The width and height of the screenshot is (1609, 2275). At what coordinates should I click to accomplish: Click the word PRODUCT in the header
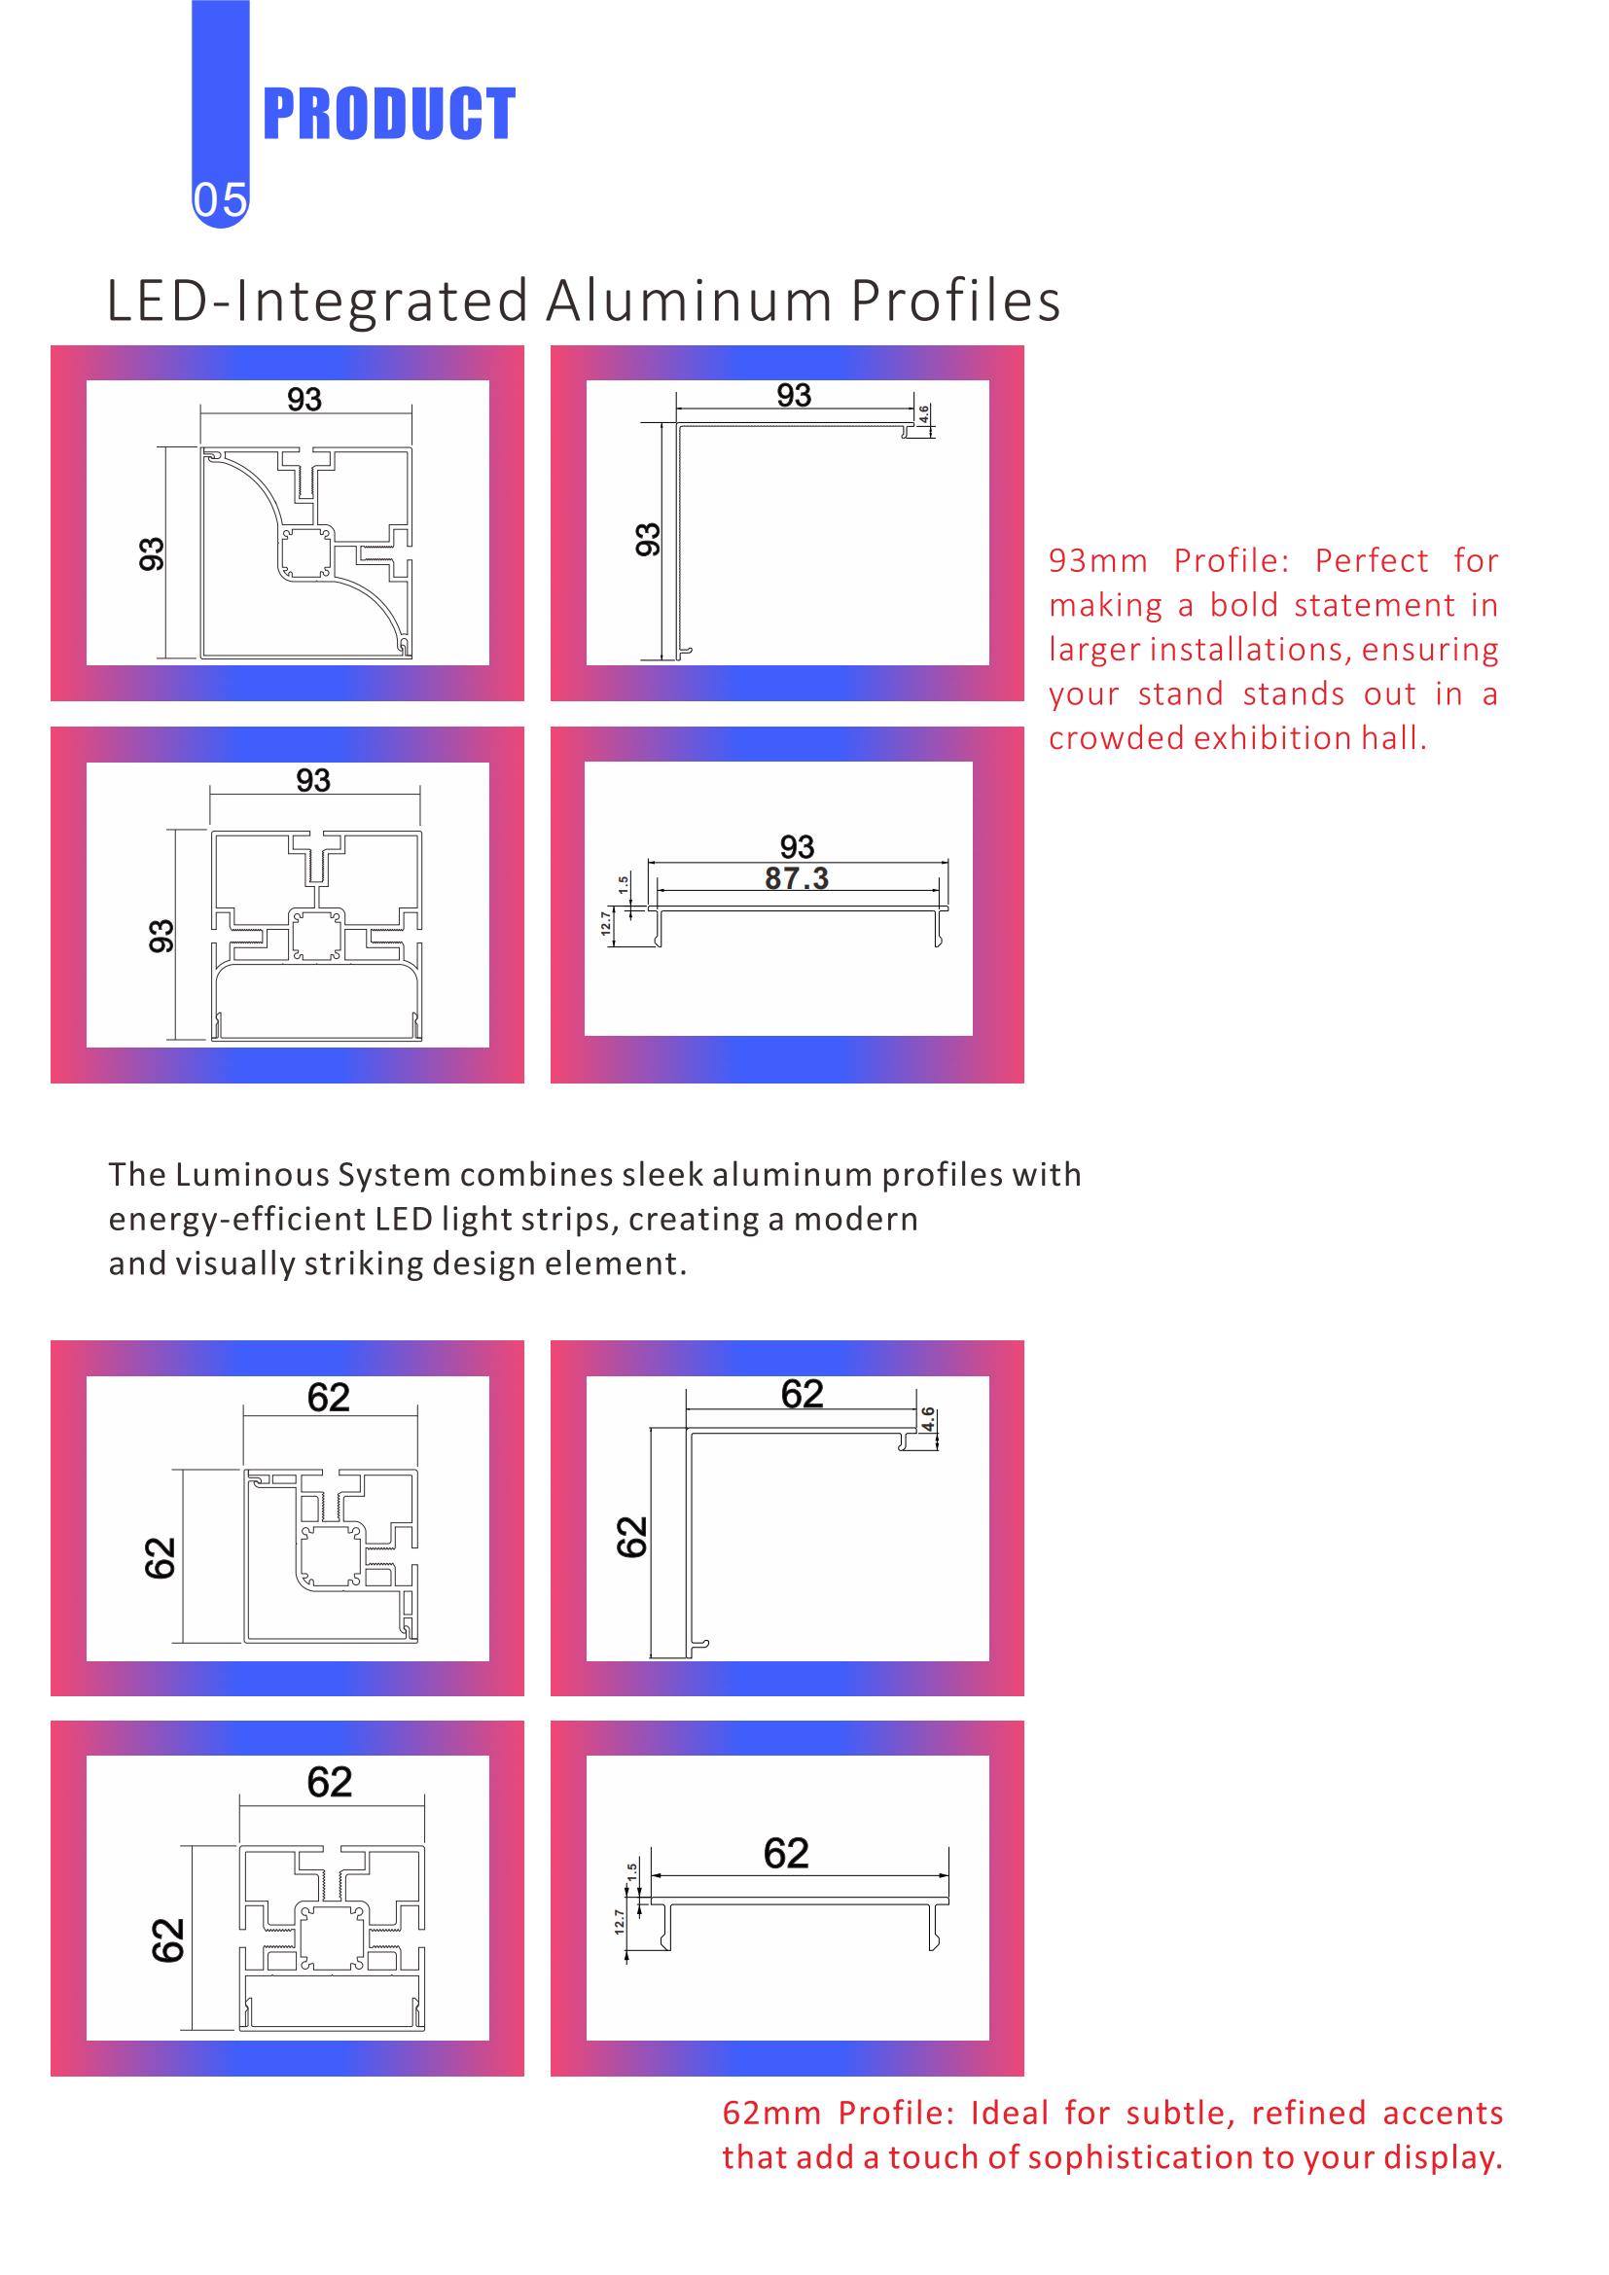point(388,114)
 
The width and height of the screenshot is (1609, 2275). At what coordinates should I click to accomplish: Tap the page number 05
point(220,200)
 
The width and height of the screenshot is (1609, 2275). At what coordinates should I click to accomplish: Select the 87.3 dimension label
point(797,878)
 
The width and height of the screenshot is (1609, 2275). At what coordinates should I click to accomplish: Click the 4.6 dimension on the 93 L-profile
point(924,414)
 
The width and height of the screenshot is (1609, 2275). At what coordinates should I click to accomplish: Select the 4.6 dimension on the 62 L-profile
point(927,1418)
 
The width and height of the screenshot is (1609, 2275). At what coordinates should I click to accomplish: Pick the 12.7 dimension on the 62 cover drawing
point(621,1921)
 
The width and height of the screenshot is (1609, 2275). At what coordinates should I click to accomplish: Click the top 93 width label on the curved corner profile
point(304,400)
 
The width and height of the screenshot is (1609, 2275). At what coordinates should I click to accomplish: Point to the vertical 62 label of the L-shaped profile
point(632,1537)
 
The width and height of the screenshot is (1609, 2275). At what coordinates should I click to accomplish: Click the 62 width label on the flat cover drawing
point(787,1853)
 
